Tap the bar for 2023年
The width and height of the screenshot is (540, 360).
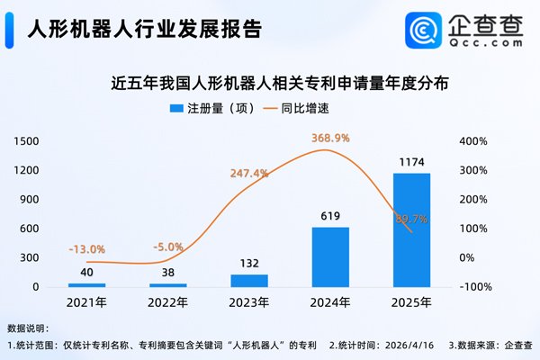[249, 280]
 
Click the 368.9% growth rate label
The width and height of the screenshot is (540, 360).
[330, 138]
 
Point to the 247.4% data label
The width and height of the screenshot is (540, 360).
[249, 173]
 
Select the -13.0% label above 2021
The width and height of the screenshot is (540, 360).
[87, 249]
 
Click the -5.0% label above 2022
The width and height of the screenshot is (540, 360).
[168, 246]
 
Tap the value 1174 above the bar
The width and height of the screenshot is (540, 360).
[411, 163]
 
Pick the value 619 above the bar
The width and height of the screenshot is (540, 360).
[329, 216]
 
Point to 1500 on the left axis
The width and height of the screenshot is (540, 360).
[26, 141]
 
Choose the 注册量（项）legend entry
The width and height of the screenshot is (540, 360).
[211, 109]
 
